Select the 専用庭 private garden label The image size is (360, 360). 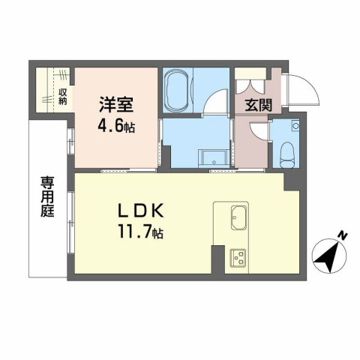(46, 196)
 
